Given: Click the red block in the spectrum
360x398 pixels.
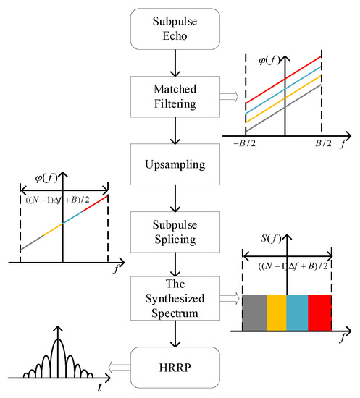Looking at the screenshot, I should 319,313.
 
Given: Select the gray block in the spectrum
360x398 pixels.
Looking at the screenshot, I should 254,313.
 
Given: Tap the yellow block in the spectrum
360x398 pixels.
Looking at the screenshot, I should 276,313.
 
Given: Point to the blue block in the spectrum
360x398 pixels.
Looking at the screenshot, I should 298,313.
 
